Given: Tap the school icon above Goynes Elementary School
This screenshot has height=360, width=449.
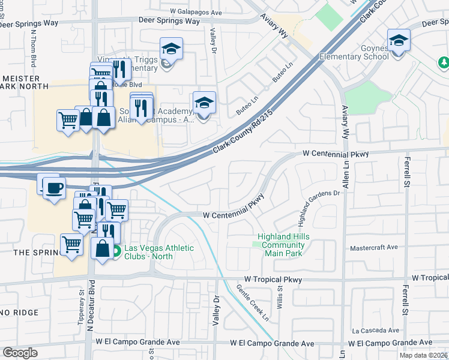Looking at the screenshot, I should tap(399, 41).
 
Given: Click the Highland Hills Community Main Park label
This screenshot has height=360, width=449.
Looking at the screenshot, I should tap(284, 245).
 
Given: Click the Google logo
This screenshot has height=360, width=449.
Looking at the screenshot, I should tap(20, 353).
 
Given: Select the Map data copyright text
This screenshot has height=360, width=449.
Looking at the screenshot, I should tap(424, 355).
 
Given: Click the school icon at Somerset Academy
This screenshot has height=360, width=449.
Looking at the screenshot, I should tap(204, 103).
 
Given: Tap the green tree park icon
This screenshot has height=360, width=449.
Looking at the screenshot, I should tap(444, 62).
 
